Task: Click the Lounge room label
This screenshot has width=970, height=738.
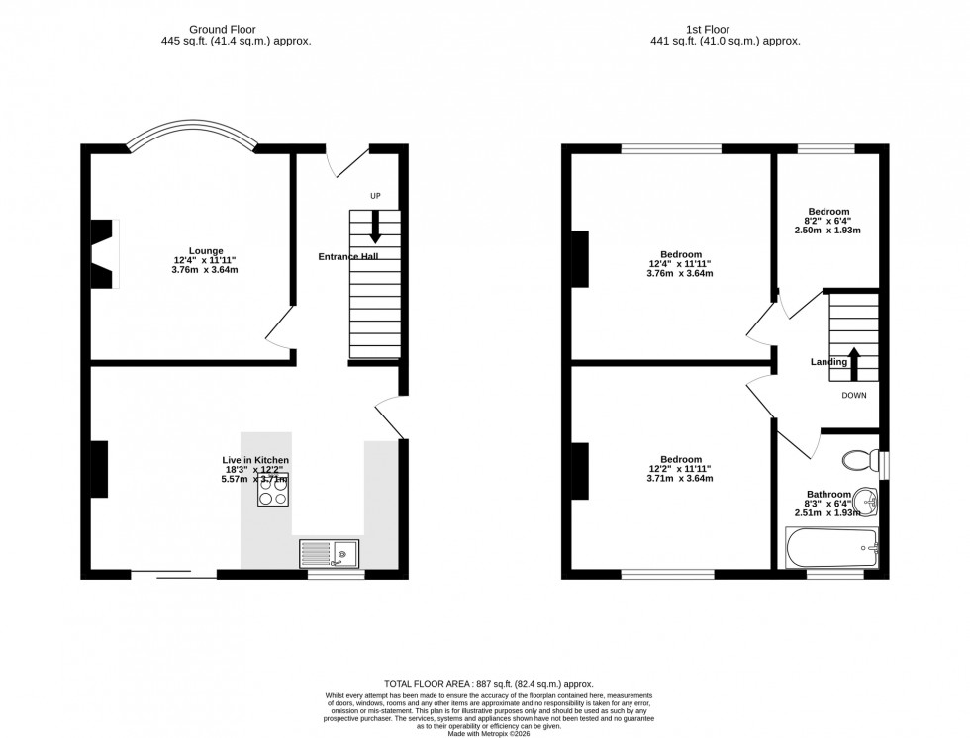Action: (x=207, y=250)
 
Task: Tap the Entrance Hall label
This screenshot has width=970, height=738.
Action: (x=347, y=256)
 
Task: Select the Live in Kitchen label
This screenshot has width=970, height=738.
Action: (x=255, y=460)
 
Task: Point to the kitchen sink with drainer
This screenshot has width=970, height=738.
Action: (x=330, y=554)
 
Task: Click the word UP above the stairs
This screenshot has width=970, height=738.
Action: (x=375, y=196)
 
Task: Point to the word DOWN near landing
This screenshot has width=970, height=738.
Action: (x=854, y=395)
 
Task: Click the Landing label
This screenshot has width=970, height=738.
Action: (x=828, y=362)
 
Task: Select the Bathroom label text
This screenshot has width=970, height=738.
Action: (x=828, y=494)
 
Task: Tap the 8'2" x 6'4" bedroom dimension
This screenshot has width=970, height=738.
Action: (x=828, y=221)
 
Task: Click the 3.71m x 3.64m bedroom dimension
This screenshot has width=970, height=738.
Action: (x=681, y=479)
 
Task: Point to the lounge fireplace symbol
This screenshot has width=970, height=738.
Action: (x=104, y=254)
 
